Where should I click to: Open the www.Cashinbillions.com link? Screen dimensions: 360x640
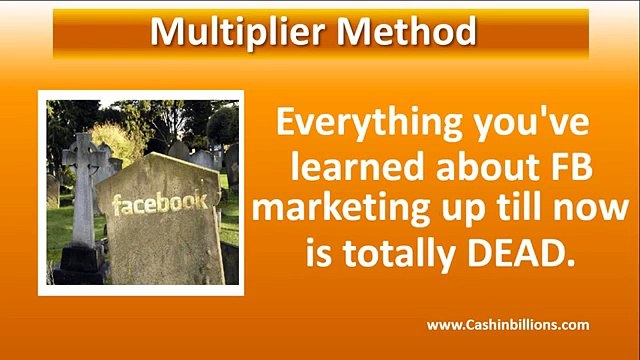coord(508,325)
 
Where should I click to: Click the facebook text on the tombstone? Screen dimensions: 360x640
coord(160,204)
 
